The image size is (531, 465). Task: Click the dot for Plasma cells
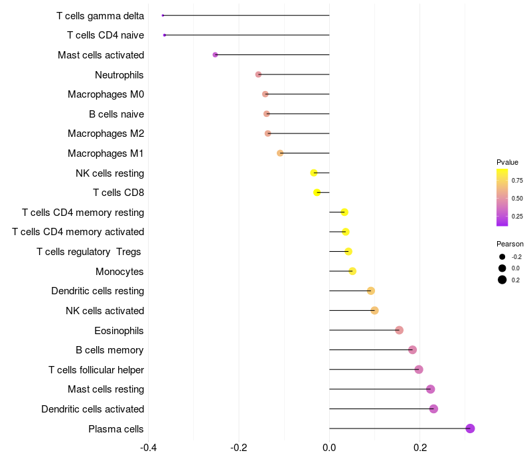[x=470, y=428]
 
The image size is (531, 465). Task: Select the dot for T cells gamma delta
[x=163, y=15]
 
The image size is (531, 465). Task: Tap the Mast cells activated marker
[x=215, y=54]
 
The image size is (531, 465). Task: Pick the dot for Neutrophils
[x=258, y=74]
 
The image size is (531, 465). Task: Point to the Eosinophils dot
[x=399, y=330]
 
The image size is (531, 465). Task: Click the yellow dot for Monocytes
[x=352, y=271]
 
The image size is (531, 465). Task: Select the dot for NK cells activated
[x=374, y=310]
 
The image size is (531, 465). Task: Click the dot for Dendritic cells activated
[x=433, y=409]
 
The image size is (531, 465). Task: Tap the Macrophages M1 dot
[x=280, y=153]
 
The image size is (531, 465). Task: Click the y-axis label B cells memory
[x=110, y=350]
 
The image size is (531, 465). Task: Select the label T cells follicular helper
[x=96, y=369]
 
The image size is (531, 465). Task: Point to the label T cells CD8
[x=118, y=193]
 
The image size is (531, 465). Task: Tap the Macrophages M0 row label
[x=106, y=94]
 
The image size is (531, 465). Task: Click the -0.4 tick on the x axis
[x=149, y=447]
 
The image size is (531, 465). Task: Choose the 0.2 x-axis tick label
[x=419, y=447]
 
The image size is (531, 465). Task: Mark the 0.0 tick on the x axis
[x=329, y=447]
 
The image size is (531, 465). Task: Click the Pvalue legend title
[x=507, y=162]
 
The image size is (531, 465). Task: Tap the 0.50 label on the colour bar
[x=517, y=198]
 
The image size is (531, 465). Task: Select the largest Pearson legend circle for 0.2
[x=502, y=280]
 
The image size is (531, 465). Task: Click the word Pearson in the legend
[x=510, y=244]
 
